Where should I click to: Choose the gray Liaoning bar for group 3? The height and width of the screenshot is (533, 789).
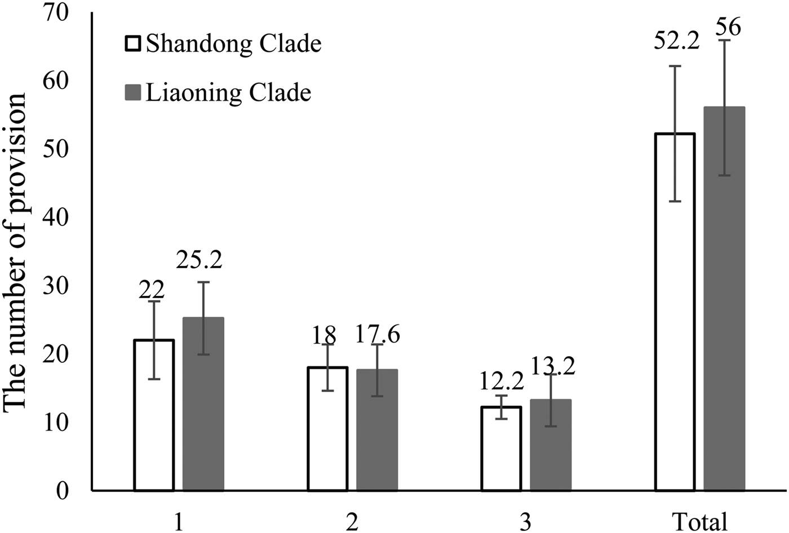pyautogui.click(x=551, y=445)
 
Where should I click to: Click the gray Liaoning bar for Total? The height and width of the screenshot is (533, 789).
pyautogui.click(x=724, y=299)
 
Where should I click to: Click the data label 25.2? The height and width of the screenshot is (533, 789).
pyautogui.click(x=199, y=260)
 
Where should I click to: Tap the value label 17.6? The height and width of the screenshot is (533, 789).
pyautogui.click(x=377, y=335)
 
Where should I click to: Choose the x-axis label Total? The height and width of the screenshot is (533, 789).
pyautogui.click(x=701, y=522)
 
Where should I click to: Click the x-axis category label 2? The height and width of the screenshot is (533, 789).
pyautogui.click(x=352, y=522)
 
